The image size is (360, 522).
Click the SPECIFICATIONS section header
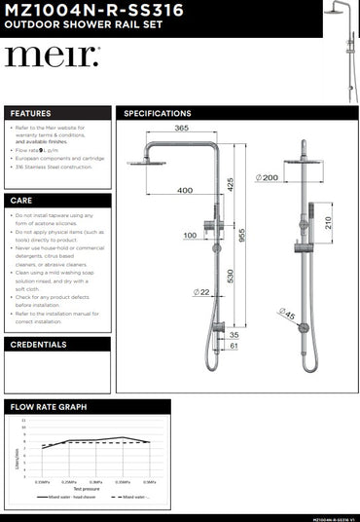(x=156, y=113)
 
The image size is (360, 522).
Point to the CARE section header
(x=21, y=199)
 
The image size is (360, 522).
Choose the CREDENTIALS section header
(x=38, y=344)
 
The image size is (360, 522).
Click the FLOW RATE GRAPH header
(x=48, y=406)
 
